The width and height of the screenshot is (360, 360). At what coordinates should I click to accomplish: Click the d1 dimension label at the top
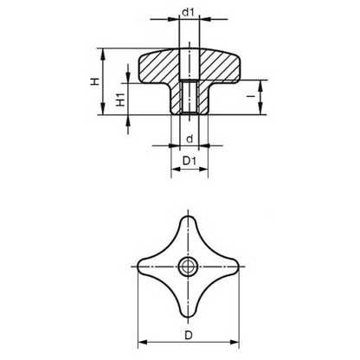pyautogui.click(x=188, y=12)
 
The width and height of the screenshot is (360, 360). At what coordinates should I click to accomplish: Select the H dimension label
pyautogui.click(x=95, y=81)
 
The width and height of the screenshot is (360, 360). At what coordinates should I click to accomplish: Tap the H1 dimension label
pyautogui.click(x=120, y=100)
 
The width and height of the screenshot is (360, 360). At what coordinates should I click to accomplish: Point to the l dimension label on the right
pyautogui.click(x=251, y=95)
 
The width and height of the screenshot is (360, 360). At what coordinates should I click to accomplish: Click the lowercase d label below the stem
pyautogui.click(x=190, y=139)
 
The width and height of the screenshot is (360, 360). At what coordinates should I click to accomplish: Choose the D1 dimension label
pyautogui.click(x=190, y=161)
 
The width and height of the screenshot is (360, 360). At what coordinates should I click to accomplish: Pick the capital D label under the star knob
pyautogui.click(x=189, y=335)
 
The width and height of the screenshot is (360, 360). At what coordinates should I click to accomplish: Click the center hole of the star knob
pyautogui.click(x=188, y=267)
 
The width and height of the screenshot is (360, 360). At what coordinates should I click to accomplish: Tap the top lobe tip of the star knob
pyautogui.click(x=188, y=216)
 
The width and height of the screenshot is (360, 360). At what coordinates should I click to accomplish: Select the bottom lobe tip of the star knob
pyautogui.click(x=188, y=318)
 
